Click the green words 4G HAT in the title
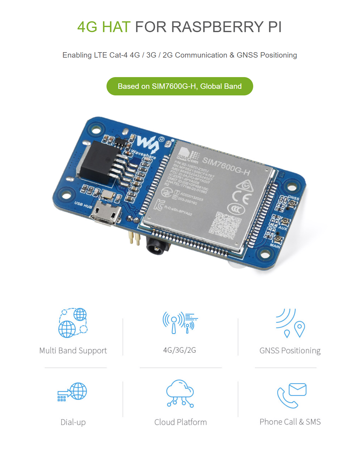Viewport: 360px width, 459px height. click(x=104, y=27)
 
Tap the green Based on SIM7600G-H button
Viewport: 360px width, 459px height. click(x=180, y=86)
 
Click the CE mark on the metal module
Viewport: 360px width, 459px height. click(x=242, y=198)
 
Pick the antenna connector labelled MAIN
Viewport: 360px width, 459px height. click(x=278, y=239)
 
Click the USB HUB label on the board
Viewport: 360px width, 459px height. click(x=83, y=205)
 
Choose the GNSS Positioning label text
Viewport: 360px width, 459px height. click(x=290, y=351)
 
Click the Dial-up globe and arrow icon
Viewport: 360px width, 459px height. click(x=72, y=391)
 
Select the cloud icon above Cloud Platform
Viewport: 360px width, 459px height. click(x=180, y=393)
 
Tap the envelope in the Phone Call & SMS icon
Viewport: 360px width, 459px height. click(x=297, y=389)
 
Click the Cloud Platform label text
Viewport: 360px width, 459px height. click(x=180, y=422)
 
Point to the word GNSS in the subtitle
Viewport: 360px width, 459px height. click(x=247, y=55)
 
